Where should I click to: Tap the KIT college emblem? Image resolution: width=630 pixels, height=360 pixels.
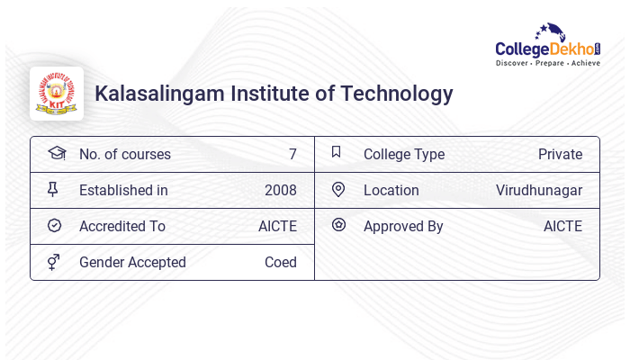57,94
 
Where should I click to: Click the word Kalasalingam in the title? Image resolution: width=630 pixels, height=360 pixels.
160,94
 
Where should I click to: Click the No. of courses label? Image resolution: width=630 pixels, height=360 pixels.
125,154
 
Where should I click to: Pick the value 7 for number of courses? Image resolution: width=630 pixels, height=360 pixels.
292,154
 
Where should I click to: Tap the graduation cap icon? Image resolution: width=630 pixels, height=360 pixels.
56,153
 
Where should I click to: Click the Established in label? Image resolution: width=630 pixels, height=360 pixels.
123,190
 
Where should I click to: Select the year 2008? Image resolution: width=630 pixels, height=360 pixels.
281,190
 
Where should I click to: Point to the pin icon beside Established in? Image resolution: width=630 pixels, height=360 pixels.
53,189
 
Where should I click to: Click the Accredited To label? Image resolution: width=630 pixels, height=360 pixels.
122,226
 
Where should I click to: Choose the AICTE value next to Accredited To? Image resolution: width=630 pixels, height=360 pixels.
277,226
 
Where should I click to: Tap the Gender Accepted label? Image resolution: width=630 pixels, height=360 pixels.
132,262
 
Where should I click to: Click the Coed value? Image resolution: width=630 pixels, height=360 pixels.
281,262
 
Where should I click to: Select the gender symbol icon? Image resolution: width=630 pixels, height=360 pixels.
53,261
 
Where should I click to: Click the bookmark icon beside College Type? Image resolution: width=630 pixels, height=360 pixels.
337,152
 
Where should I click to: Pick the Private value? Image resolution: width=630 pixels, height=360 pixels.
560,154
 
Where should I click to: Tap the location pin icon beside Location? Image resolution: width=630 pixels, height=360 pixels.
338,189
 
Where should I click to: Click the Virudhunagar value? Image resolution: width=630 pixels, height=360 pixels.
539,190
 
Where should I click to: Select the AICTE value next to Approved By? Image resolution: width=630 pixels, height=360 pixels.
562,226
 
